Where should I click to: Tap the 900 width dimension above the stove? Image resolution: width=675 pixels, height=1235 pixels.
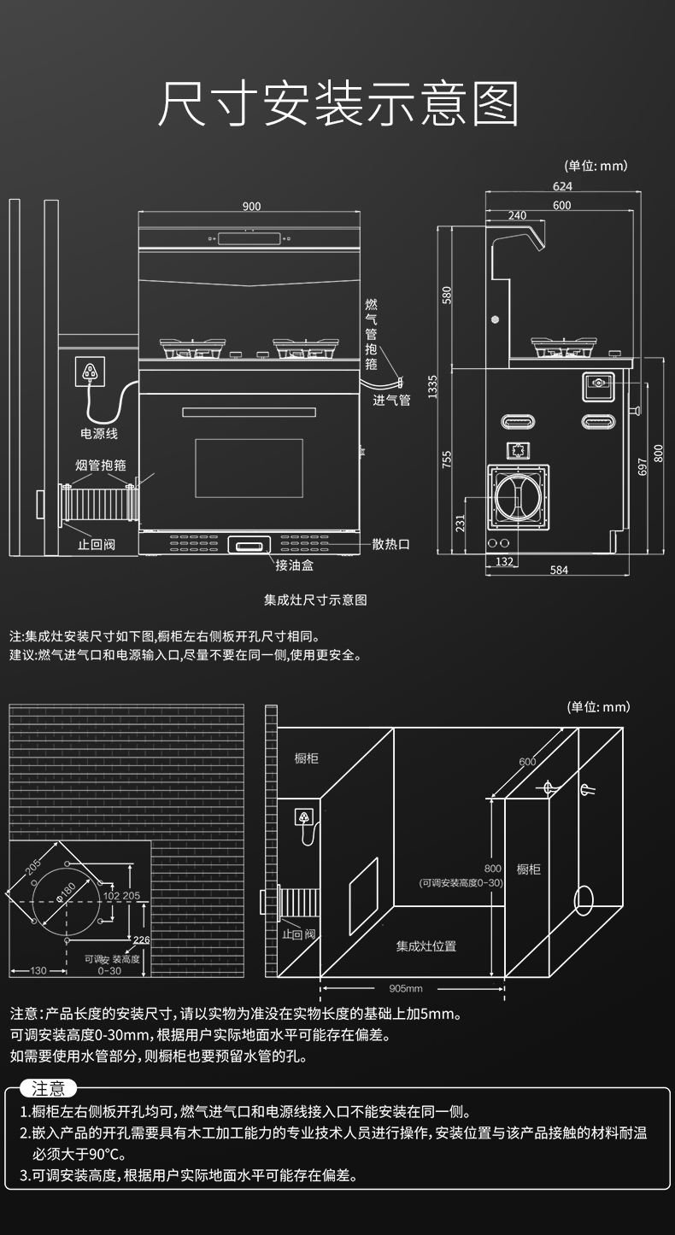click(x=251, y=207)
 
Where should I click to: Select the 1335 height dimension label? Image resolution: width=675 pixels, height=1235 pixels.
click(x=433, y=387)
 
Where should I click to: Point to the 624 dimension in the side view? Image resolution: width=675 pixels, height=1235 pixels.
click(x=562, y=187)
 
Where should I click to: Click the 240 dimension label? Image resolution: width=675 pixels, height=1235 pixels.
click(x=517, y=216)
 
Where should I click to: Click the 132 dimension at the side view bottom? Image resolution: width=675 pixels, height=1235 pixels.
click(x=504, y=561)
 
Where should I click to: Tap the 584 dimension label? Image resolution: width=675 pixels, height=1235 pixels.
click(x=559, y=571)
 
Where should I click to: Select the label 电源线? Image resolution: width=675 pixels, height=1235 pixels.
click(x=99, y=434)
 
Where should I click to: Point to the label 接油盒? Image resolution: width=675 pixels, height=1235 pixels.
click(x=294, y=565)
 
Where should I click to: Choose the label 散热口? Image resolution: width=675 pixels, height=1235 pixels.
click(x=391, y=544)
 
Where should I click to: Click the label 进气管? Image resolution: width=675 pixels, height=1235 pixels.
click(x=391, y=400)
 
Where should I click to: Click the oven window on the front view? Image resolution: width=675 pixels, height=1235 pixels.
click(x=249, y=468)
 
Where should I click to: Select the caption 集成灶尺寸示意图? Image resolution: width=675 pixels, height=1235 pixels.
click(x=315, y=600)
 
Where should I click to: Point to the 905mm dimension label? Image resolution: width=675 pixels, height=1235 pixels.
click(x=406, y=988)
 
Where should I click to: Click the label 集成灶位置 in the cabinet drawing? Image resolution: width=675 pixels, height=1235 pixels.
click(x=426, y=945)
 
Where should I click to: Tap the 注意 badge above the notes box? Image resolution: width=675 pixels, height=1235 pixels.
click(x=48, y=1088)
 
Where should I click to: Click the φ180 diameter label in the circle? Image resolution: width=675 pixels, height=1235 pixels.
click(x=66, y=891)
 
